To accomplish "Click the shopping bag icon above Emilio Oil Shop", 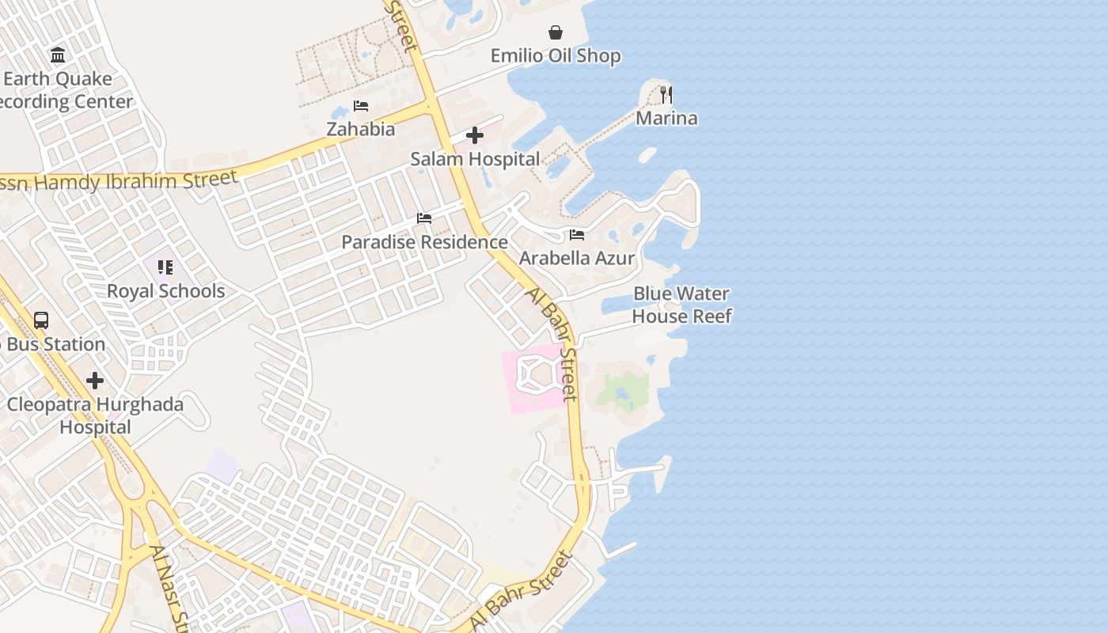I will click(556, 32).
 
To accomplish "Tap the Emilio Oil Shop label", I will click(556, 56).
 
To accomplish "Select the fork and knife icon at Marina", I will click(666, 95).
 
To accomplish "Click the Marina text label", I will click(667, 119).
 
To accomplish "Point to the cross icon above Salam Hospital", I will click(475, 135).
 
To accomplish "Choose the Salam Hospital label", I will click(475, 159).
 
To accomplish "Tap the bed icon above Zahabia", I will click(361, 106).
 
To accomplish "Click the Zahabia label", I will click(361, 129).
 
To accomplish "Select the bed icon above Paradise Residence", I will click(424, 218).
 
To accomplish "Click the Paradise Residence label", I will click(424, 242).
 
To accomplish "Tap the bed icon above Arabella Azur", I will click(577, 235).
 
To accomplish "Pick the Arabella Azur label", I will click(577, 259).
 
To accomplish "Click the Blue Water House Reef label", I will click(681, 305).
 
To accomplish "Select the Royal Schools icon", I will click(165, 267).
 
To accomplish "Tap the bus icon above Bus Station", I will click(41, 320).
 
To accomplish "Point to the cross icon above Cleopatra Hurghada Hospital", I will click(95, 381).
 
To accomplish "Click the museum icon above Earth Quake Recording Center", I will click(58, 55).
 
